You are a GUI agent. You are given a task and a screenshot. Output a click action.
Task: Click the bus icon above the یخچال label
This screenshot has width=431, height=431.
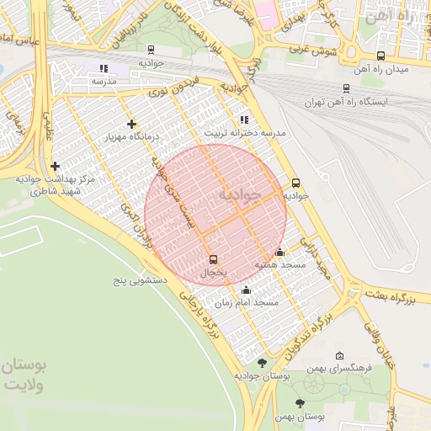pyautogui.click(x=211, y=259)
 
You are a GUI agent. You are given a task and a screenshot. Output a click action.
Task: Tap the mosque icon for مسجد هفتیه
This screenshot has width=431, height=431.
pyautogui.click(x=280, y=252)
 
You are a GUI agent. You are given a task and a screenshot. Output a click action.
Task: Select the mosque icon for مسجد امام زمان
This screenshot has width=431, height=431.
pyautogui.click(x=245, y=290)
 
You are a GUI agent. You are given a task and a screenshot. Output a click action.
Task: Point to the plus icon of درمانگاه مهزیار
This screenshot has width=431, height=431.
pyautogui.click(x=131, y=124)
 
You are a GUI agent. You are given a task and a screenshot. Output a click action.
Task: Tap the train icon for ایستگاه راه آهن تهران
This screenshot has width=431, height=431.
pyautogui.click(x=347, y=88)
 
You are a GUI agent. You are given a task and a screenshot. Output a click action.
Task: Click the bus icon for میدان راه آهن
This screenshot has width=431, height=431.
pyautogui.click(x=381, y=56)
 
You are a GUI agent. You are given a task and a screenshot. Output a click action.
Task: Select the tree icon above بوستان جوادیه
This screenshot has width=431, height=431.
pyautogui.click(x=262, y=363)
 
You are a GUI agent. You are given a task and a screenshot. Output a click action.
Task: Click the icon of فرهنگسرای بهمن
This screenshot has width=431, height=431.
pyautogui.click(x=339, y=356)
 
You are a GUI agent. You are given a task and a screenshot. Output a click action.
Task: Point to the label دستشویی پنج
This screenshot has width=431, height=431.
pyautogui.click(x=141, y=278)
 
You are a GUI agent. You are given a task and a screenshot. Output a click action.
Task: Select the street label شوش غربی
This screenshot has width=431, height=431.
pyautogui.click(x=313, y=49)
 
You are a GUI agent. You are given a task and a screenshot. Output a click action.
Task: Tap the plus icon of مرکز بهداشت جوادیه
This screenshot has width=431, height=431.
pyautogui.click(x=56, y=166)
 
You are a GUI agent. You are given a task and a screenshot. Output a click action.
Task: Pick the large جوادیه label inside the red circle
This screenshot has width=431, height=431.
pyautogui.click(x=241, y=194)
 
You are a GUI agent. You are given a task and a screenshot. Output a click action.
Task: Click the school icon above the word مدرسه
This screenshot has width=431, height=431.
pyautogui.click(x=104, y=68)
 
